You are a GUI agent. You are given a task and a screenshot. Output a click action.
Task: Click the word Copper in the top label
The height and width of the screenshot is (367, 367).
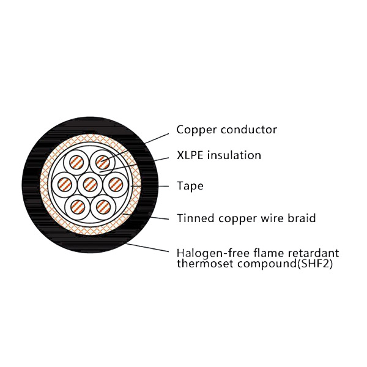click(x=197, y=130)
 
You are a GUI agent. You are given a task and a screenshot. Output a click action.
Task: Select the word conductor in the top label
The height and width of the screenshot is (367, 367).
click(x=249, y=130)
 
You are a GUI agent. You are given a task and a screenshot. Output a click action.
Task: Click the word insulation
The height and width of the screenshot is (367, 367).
click(x=234, y=155)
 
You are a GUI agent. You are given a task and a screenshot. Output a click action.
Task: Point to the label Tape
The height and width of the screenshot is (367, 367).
click(x=190, y=187)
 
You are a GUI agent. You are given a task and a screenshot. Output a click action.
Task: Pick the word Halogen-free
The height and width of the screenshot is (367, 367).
click(x=213, y=254)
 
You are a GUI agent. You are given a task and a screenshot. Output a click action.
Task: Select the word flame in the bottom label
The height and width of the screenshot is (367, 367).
click(x=269, y=253)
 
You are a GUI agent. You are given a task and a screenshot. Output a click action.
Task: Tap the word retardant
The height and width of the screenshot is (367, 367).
click(x=314, y=253)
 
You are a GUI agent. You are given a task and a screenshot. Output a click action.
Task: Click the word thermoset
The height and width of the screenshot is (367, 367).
click(x=206, y=264)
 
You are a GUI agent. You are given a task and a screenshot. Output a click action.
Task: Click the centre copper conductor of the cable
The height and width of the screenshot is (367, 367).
click(x=90, y=185)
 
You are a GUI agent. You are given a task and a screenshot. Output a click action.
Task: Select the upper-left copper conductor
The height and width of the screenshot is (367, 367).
click(x=76, y=163)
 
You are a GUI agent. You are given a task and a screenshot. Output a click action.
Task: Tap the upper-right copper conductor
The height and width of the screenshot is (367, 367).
click(x=103, y=163)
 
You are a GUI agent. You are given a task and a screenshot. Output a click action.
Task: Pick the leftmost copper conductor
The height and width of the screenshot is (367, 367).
click(x=64, y=185)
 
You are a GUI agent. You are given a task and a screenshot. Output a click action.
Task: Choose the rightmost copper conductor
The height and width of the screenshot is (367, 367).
click(x=116, y=185)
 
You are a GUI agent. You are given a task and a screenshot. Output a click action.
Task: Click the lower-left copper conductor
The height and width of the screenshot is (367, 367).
click(x=78, y=207)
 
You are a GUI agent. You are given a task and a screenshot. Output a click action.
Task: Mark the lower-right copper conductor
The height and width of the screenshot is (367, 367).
click(x=103, y=207)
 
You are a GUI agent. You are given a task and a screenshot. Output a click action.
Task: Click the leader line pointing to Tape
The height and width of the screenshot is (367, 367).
click(x=150, y=187)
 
